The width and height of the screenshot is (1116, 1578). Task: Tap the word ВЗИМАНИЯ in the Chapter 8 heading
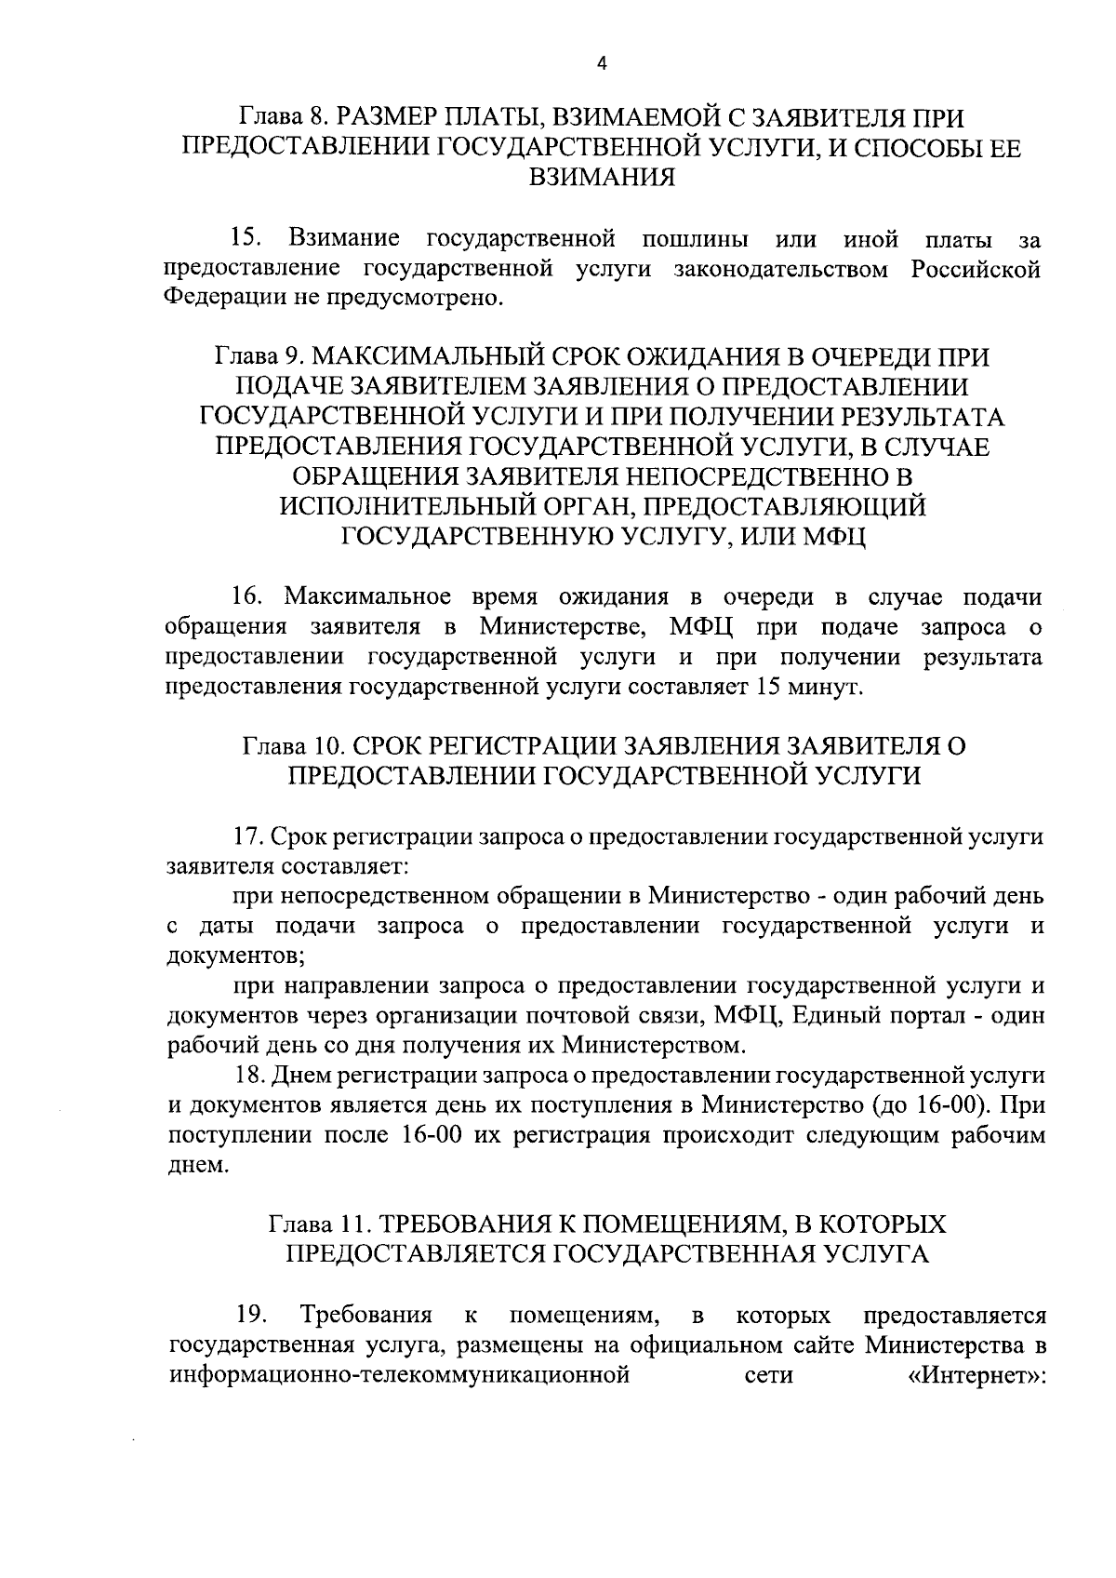click(x=601, y=178)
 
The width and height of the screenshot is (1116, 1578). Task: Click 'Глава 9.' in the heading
click(x=258, y=358)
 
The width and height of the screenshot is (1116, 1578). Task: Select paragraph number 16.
click(x=248, y=596)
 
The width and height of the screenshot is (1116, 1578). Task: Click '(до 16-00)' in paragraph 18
click(x=937, y=1105)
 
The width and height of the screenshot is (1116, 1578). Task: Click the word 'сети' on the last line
click(x=769, y=1375)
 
